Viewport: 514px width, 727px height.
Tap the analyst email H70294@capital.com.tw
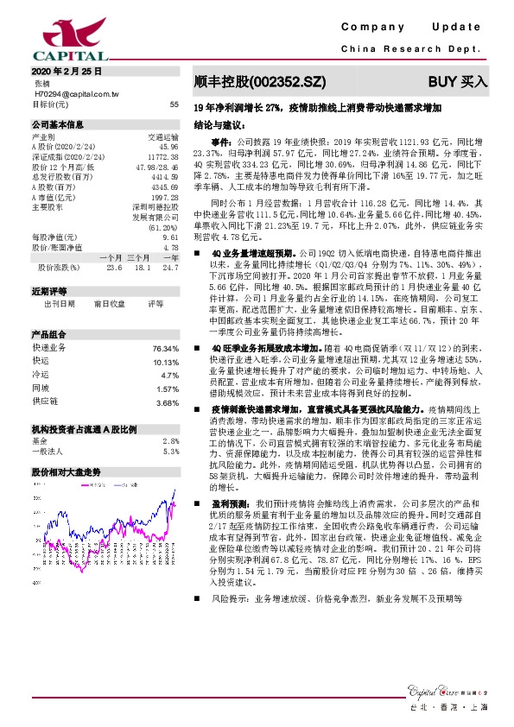click(x=73, y=93)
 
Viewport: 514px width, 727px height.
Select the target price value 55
click(x=174, y=104)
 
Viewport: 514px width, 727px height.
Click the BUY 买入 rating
click(x=458, y=83)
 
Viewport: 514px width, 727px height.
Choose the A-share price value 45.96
click(x=168, y=147)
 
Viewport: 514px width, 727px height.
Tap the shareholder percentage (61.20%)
click(x=164, y=228)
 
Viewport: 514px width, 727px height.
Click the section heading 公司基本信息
click(x=58, y=124)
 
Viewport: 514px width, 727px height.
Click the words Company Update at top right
click(x=415, y=28)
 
